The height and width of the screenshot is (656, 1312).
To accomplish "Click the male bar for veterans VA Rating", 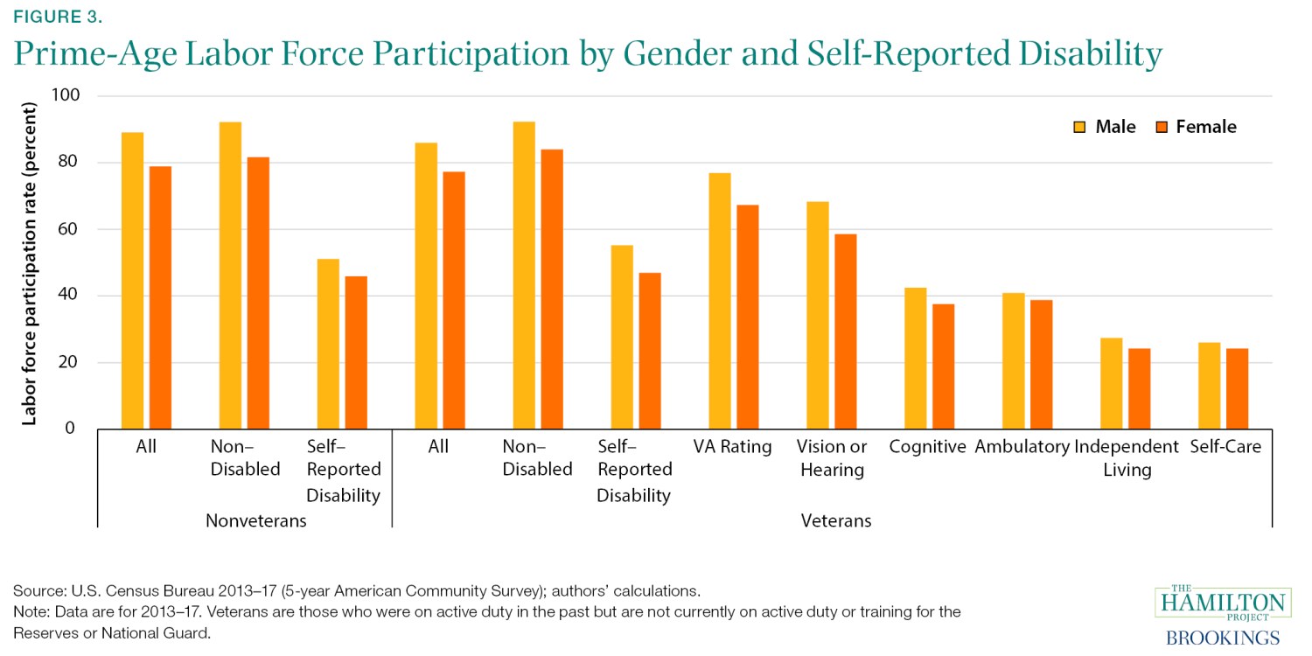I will [x=720, y=301].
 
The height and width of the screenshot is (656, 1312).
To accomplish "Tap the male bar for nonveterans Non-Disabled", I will [x=230, y=276].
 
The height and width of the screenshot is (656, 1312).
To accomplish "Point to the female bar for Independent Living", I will [x=1139, y=388].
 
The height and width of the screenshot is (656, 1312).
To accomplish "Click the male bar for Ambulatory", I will [x=1014, y=360].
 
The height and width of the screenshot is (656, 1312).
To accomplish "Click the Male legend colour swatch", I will [x=1080, y=128].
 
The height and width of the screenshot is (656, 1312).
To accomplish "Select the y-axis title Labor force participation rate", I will [x=30, y=262].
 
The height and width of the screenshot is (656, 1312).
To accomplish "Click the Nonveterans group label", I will [x=255, y=521].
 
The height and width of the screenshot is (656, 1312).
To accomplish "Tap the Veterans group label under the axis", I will [x=836, y=521].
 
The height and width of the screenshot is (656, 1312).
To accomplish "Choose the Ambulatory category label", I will [x=1022, y=447].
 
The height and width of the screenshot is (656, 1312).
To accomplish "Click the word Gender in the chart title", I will [x=731, y=54].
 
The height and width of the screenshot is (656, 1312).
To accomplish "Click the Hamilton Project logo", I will [x=1223, y=604].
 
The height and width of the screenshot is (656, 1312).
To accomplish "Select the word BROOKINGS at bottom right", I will [x=1223, y=638].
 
